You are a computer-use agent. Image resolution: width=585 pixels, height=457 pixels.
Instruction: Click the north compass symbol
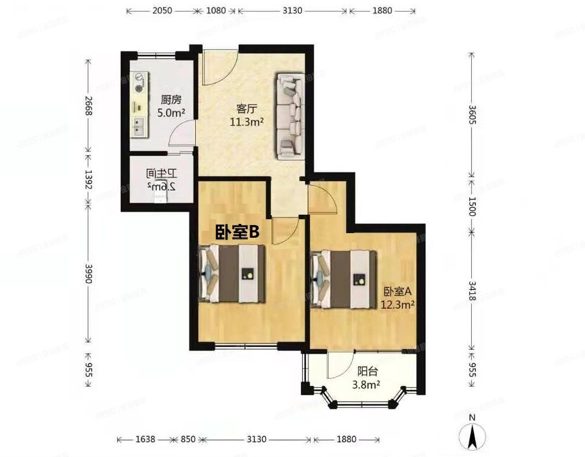coord(472,433)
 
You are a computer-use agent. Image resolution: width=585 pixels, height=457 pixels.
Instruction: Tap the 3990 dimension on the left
coord(88,278)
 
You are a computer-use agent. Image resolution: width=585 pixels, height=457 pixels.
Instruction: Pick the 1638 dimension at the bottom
coord(146,439)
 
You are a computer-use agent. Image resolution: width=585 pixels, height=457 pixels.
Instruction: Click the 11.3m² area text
coord(247,121)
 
